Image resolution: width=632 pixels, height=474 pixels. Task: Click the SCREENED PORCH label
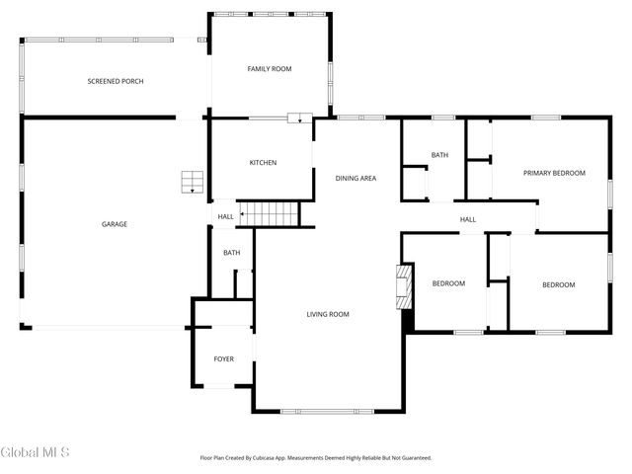click(x=116, y=81)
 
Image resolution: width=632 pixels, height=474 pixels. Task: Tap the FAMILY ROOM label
click(x=269, y=68)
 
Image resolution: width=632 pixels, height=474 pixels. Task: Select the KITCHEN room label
click(x=263, y=162)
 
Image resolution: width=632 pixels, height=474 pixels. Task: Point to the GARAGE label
click(x=115, y=224)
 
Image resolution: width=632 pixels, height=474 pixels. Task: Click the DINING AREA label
click(x=355, y=178)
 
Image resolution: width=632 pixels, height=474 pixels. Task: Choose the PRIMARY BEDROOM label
click(x=554, y=173)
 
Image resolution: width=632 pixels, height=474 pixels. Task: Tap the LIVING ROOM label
click(x=328, y=314)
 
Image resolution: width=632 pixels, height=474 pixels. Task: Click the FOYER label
click(x=224, y=358)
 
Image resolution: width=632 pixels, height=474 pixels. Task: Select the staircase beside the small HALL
click(x=271, y=212)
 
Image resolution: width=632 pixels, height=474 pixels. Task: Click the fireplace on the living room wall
click(x=403, y=287)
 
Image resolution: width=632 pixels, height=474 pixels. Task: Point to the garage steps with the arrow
click(x=192, y=182)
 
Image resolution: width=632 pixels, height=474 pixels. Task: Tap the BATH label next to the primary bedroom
click(x=439, y=155)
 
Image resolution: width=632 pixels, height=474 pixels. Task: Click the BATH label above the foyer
click(x=231, y=253)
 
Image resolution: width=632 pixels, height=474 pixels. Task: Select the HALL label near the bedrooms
click(x=467, y=219)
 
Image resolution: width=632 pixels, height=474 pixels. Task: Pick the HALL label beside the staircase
click(x=226, y=216)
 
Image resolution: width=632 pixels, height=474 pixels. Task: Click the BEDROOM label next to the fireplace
click(x=448, y=284)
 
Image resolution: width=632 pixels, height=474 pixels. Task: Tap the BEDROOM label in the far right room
click(x=558, y=284)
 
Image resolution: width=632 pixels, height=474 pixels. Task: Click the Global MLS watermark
click(x=36, y=452)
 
